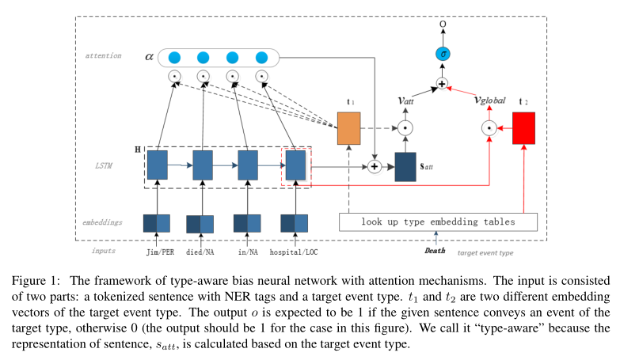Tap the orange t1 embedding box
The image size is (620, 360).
[x=348, y=128]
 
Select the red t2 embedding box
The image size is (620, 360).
[x=523, y=128]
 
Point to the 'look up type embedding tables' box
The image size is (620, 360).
[x=438, y=222]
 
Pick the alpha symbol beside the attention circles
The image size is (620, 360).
[x=149, y=57]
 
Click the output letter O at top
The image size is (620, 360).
[x=442, y=25]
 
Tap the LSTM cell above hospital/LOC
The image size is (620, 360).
[x=295, y=166]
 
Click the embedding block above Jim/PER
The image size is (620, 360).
[x=156, y=223]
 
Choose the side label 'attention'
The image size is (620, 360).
[x=104, y=56]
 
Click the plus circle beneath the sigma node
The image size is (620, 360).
[x=442, y=82]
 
